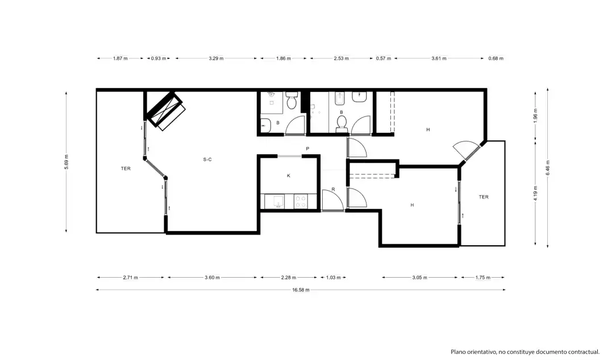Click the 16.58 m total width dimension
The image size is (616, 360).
point(301,290)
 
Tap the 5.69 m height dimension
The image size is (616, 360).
point(66,162)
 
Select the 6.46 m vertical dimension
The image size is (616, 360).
point(548,168)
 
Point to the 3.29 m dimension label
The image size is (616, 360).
point(216,58)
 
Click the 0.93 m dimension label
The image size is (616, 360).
point(159,58)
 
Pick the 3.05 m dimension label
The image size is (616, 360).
point(419,278)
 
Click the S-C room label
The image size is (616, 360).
point(207,160)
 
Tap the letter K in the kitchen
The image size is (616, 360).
point(289,176)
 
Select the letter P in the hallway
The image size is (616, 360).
point(307,149)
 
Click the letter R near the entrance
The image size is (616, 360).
point(333,189)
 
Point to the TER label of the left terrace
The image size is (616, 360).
point(126,169)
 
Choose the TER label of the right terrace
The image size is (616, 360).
point(484,197)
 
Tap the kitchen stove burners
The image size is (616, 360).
point(301,202)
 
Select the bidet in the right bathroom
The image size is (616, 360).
point(340,99)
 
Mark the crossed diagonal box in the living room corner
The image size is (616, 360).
point(164,111)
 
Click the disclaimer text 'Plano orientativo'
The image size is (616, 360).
point(473,351)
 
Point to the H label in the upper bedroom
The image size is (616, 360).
point(428,129)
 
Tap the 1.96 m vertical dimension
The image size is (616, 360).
point(535,115)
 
